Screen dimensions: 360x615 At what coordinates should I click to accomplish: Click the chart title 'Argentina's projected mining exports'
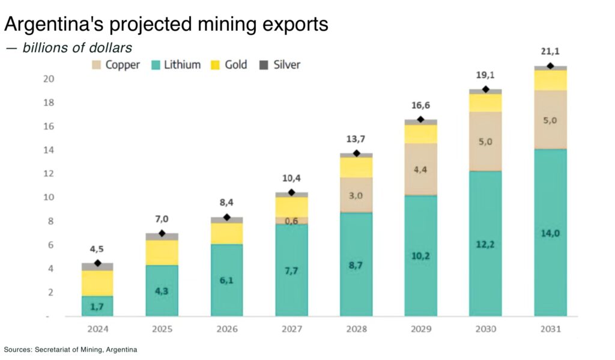click(166, 24)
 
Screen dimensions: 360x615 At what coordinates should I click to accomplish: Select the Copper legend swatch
click(97, 65)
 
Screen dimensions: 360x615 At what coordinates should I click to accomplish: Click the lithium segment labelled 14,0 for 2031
click(550, 233)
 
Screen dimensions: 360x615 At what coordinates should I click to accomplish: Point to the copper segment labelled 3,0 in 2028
click(356, 195)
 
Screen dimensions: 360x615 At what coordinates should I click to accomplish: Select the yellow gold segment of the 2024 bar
click(97, 283)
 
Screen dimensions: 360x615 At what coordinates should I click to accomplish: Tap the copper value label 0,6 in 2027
click(291, 221)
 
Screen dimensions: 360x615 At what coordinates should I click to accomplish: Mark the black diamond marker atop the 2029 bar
click(420, 120)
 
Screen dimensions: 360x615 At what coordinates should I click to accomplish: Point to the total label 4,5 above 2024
click(97, 249)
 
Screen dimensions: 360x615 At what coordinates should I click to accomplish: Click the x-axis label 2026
click(226, 328)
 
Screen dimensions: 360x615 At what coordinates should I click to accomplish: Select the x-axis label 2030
click(485, 328)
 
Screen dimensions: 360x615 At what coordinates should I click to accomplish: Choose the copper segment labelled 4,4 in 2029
click(420, 169)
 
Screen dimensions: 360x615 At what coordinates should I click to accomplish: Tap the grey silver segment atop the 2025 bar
click(162, 237)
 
